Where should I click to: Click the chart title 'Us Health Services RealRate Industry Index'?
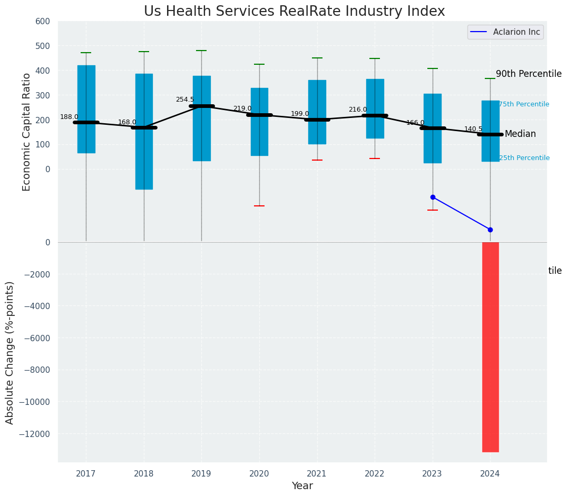[294, 12]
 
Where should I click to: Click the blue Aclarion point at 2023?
[433, 197]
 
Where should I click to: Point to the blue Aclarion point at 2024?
[490, 230]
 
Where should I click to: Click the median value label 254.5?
[184, 100]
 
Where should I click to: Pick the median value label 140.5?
[473, 129]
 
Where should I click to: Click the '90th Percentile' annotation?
[529, 74]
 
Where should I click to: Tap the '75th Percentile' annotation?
[524, 104]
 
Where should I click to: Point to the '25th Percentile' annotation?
[524, 158]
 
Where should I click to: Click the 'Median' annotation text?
[520, 134]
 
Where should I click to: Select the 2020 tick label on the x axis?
[259, 474]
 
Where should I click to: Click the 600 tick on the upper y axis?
[43, 22]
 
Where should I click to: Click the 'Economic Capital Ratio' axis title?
[26, 132]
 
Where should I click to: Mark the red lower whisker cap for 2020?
[259, 206]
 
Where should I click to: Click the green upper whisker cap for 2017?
[86, 53]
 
